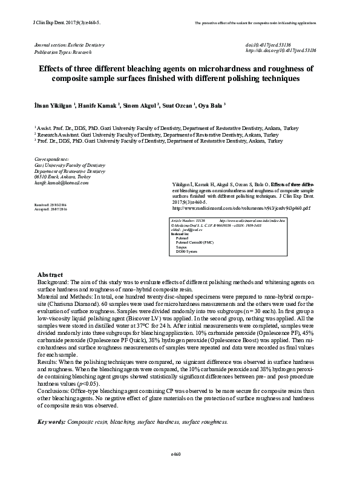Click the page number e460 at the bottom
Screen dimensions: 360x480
(177, 454)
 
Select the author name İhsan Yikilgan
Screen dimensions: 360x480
(54, 105)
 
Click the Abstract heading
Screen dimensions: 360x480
(51, 274)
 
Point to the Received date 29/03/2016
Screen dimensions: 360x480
(52, 206)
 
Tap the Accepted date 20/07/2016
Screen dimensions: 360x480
(52, 210)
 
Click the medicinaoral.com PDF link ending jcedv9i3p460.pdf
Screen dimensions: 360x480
(238, 207)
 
